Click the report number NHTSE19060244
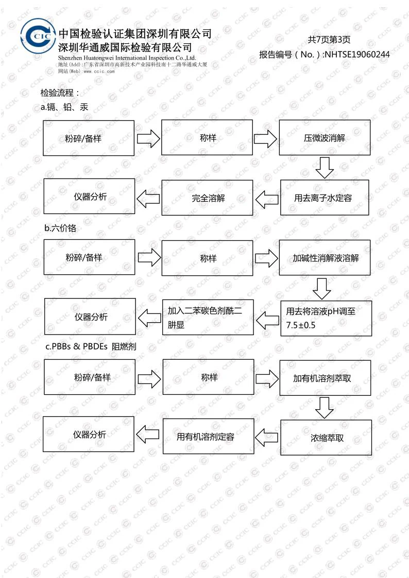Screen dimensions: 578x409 [x=357, y=55]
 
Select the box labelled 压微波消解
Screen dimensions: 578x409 [x=325, y=138]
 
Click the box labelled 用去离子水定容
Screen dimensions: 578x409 [x=325, y=197]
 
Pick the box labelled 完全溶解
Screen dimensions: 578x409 [x=207, y=197]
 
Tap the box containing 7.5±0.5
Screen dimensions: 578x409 [x=326, y=318]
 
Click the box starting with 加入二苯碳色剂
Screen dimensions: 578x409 [x=208, y=318]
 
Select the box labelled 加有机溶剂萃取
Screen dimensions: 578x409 [x=325, y=378]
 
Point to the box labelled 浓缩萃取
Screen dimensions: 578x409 [x=326, y=437]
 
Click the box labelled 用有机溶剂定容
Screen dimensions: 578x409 [x=208, y=436]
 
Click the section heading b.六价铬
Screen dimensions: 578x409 [x=60, y=228]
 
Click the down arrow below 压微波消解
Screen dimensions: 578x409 [x=325, y=167]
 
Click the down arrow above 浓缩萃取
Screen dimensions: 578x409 [x=325, y=408]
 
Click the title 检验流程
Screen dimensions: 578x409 [x=60, y=93]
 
